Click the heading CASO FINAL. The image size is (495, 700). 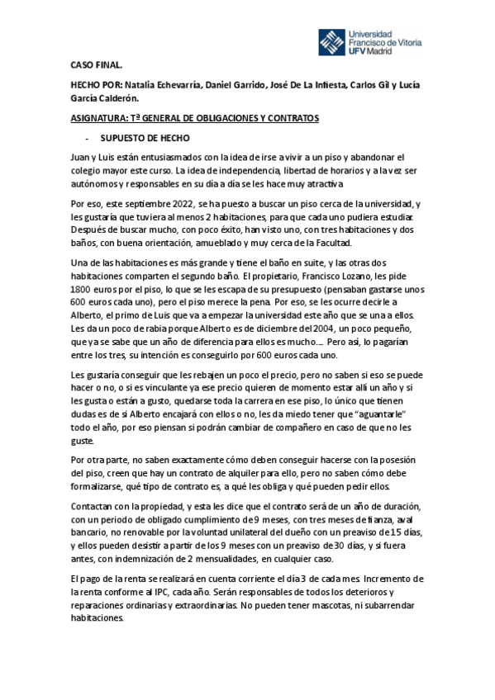(x=98, y=66)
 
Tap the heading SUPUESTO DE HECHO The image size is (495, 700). (x=145, y=138)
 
